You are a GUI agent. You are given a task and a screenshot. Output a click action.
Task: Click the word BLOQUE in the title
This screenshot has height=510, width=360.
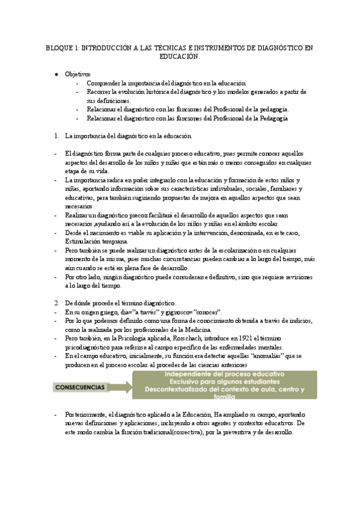(58, 47)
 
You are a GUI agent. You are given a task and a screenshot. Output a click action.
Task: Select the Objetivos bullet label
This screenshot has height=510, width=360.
(78, 73)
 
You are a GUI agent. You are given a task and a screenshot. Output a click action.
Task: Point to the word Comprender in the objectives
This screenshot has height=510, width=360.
(102, 82)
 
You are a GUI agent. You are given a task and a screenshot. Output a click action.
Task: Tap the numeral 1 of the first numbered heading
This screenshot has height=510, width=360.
(56, 137)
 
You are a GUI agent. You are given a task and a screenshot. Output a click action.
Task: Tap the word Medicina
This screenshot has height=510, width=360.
(198, 330)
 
